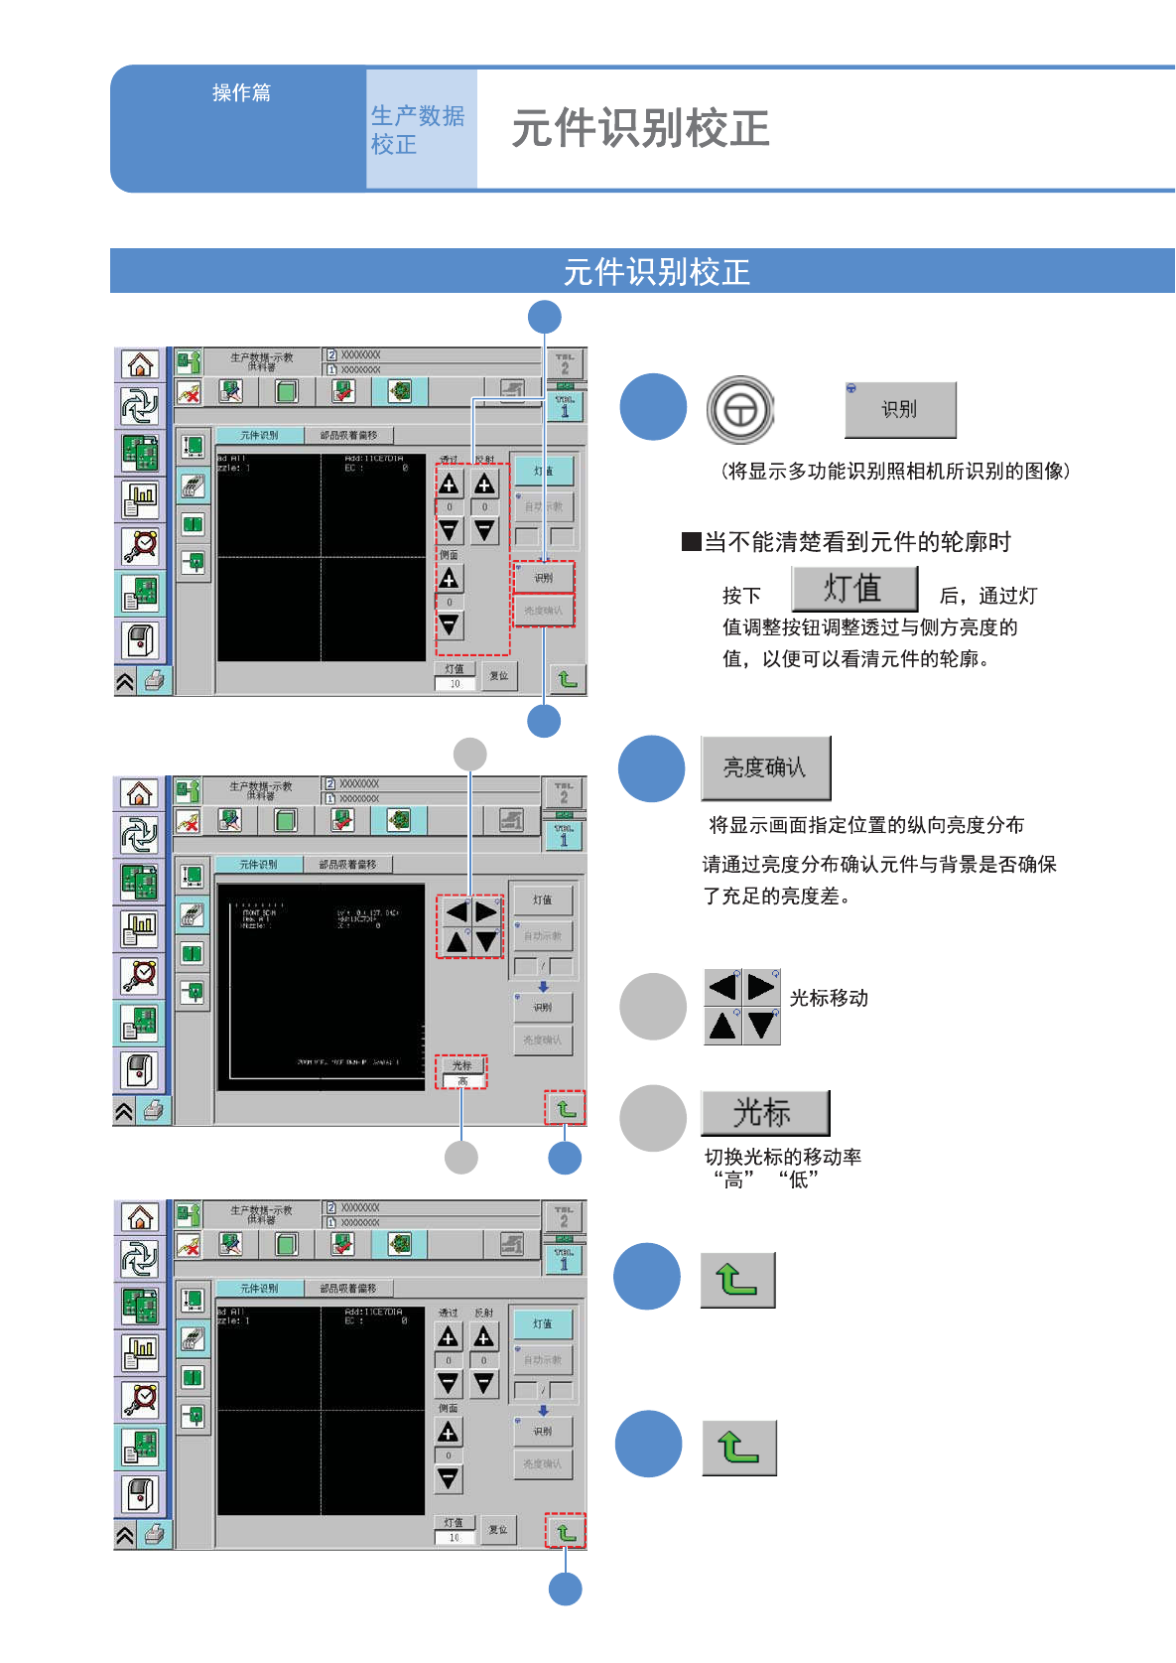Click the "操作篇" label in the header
(x=241, y=92)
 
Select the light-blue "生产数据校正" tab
(x=418, y=129)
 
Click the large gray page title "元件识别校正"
(x=640, y=129)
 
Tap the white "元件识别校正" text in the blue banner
(x=656, y=271)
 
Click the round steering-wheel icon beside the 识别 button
(x=740, y=409)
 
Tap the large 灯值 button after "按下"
(x=853, y=589)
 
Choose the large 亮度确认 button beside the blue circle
(x=765, y=767)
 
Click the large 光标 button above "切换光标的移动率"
(x=764, y=1113)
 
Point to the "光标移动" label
(x=829, y=998)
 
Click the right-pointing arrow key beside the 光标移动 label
(x=761, y=987)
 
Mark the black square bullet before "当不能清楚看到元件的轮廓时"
(x=692, y=542)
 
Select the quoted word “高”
(x=733, y=1180)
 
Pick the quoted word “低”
(x=799, y=1180)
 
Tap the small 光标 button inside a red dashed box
(x=461, y=1065)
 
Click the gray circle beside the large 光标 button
(x=652, y=1118)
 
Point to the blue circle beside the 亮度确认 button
(x=651, y=768)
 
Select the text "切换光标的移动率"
(x=782, y=1157)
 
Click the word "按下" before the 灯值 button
(x=741, y=596)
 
